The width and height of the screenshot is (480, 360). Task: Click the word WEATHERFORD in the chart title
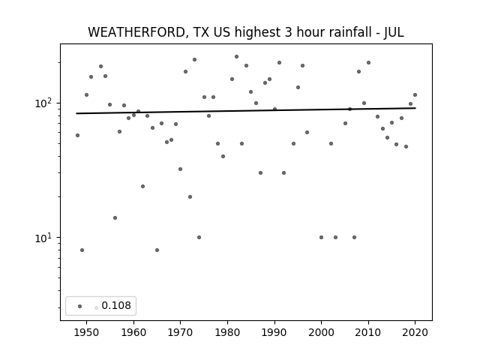pyautogui.click(x=136, y=32)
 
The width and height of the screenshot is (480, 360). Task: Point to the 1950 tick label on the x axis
pyautogui.click(x=87, y=332)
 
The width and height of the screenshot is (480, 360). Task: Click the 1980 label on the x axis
pyautogui.click(x=227, y=332)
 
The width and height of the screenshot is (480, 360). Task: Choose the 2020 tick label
pyautogui.click(x=415, y=332)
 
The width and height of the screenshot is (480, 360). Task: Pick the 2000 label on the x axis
pyautogui.click(x=321, y=332)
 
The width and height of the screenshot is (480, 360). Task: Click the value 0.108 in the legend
pyautogui.click(x=116, y=305)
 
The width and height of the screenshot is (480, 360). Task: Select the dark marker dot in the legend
pyautogui.click(x=80, y=306)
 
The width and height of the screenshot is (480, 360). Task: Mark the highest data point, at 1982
pyautogui.click(x=237, y=57)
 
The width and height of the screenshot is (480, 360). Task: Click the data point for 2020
pyautogui.click(x=415, y=95)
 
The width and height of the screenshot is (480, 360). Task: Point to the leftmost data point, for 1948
pyautogui.click(x=77, y=135)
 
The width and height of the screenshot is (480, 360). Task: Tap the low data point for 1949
pyautogui.click(x=82, y=250)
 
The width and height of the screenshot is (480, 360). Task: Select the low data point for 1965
pyautogui.click(x=157, y=250)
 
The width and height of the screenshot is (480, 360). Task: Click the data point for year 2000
pyautogui.click(x=321, y=237)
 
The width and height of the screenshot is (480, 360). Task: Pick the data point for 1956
pyautogui.click(x=115, y=218)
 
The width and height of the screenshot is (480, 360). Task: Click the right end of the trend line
pyautogui.click(x=415, y=108)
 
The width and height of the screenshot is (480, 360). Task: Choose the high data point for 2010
pyautogui.click(x=368, y=63)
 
